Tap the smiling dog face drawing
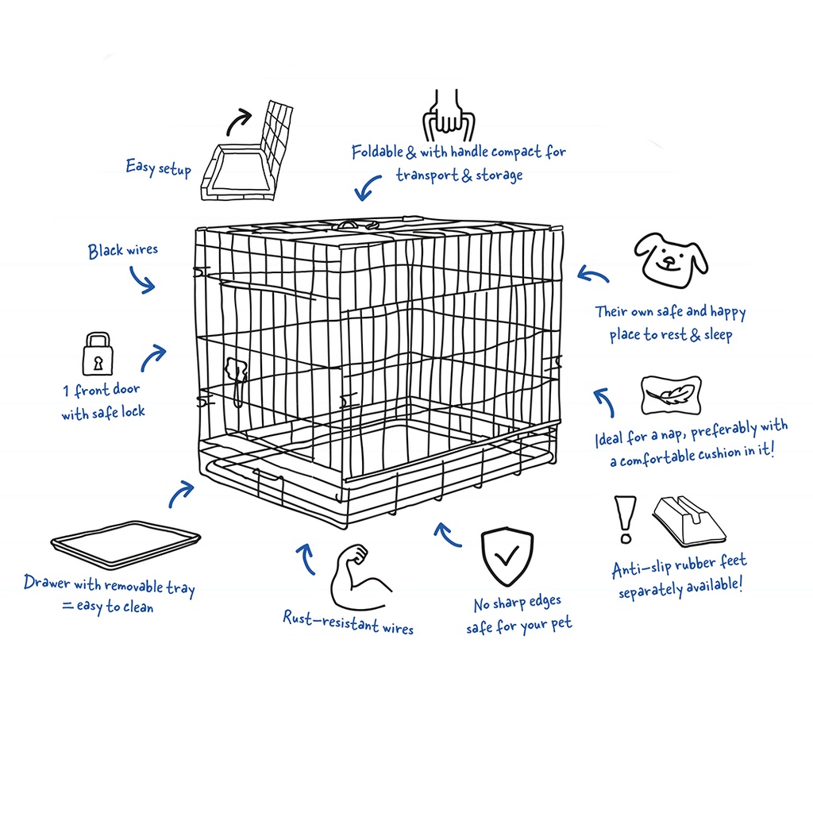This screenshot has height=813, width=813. [x=671, y=258]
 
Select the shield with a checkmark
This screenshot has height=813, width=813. [x=507, y=558]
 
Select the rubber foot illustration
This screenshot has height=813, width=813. [x=689, y=520]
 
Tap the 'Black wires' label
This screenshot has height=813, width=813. [x=123, y=251]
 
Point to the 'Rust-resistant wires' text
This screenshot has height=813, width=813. [x=348, y=622]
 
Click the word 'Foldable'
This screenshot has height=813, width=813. [x=379, y=152]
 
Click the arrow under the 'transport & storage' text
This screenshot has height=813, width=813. [x=367, y=189]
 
